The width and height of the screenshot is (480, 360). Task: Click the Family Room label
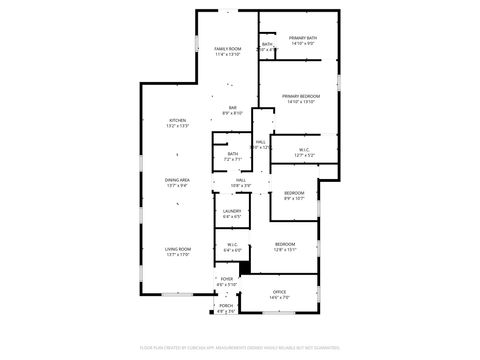(x=228, y=49)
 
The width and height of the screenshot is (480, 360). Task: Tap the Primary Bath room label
(x=303, y=38)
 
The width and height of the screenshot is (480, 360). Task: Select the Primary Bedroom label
(x=300, y=96)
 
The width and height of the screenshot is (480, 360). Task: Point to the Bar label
(x=232, y=108)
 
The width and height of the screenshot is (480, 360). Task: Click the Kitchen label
(x=177, y=121)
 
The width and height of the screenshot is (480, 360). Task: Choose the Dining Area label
(x=177, y=180)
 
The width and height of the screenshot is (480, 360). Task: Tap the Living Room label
(x=177, y=249)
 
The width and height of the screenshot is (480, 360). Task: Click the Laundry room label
(x=231, y=211)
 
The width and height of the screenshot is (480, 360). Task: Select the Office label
(x=279, y=292)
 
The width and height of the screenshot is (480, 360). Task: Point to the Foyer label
(x=227, y=279)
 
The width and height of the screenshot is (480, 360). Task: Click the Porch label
(x=226, y=306)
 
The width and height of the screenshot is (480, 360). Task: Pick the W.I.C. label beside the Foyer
(x=231, y=244)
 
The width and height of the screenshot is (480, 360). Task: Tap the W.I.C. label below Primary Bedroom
(x=305, y=151)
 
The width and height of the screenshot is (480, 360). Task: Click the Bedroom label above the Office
(x=285, y=244)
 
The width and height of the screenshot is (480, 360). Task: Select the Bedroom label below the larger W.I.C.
(x=293, y=193)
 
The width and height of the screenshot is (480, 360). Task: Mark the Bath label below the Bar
(x=232, y=153)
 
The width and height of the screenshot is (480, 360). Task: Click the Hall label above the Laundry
(x=241, y=180)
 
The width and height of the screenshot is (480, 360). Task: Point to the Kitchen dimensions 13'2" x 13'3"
(x=177, y=127)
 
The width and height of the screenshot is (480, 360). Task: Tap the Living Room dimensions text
(x=177, y=255)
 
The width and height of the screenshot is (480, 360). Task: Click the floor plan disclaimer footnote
(x=239, y=347)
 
